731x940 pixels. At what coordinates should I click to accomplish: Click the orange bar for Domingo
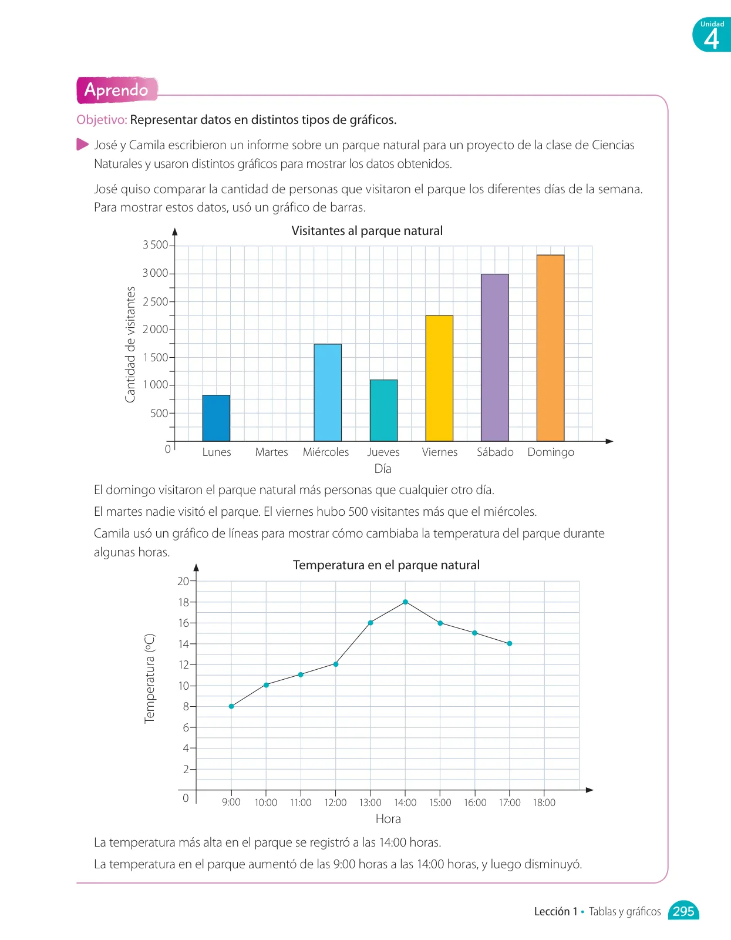coord(550,348)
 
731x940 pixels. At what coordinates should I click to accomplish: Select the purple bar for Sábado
coord(494,357)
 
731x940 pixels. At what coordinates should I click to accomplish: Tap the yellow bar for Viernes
coord(439,378)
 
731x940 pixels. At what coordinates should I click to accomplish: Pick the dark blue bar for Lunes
coord(216,418)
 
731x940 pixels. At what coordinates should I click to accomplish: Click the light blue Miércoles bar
coord(328,392)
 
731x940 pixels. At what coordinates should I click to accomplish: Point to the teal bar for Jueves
coord(383,411)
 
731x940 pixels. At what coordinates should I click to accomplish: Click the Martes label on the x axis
coord(271,452)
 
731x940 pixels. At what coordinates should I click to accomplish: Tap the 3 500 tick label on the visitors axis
coord(155,245)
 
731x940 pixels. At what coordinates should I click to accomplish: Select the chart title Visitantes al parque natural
coord(367,230)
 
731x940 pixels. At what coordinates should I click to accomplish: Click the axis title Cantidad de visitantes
coord(130,344)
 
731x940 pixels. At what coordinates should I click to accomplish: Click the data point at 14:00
coord(405,602)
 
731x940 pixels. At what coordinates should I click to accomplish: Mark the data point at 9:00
coord(231,706)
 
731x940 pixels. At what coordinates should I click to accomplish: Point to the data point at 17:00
coord(510,644)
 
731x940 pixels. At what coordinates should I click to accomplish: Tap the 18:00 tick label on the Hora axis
coord(544,803)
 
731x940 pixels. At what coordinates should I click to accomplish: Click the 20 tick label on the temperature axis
coord(183,581)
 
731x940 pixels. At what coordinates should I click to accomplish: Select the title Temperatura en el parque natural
coord(386,565)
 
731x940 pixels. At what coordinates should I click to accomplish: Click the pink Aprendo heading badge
coord(117,90)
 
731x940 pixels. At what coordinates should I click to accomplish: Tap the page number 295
coord(683,911)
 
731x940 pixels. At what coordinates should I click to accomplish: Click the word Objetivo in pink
coord(102,120)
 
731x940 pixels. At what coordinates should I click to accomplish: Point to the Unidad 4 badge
coord(712,35)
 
